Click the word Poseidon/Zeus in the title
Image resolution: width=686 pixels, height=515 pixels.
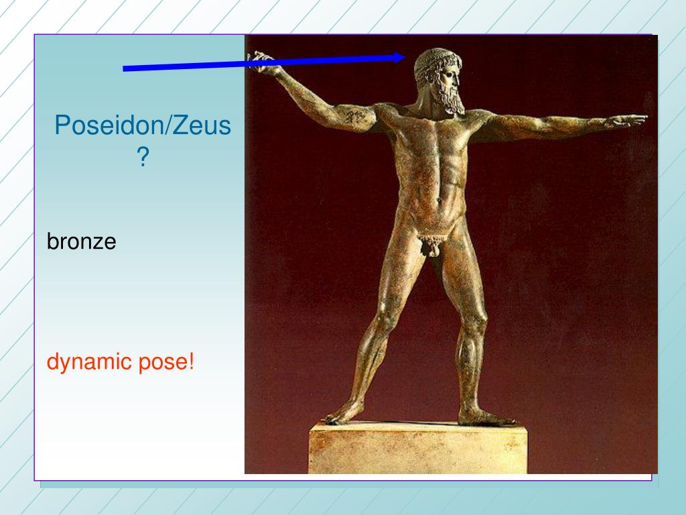pyautogui.click(x=143, y=125)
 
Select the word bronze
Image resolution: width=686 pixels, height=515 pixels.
pyautogui.click(x=81, y=241)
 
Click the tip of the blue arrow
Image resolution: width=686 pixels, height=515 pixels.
pyautogui.click(x=405, y=58)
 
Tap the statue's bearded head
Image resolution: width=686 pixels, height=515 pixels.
pyautogui.click(x=437, y=80)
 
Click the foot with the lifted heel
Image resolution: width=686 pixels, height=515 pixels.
pyautogui.click(x=345, y=414)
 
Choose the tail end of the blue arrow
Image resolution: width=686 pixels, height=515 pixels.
pyautogui.click(x=123, y=69)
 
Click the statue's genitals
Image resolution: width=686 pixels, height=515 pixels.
pyautogui.click(x=431, y=246)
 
